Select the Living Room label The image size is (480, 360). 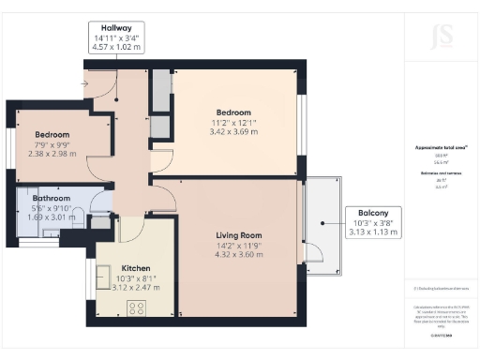(238, 235)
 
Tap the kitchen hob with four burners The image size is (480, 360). (137, 307)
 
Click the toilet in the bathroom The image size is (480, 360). (99, 221)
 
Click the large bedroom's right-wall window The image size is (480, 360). (301, 120)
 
